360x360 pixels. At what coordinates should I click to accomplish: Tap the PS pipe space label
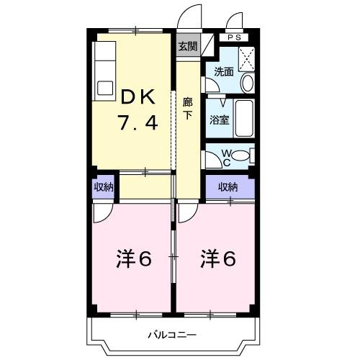coord(235,37)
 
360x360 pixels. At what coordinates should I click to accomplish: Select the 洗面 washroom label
coord(224,71)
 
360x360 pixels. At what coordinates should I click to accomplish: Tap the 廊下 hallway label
coord(187,107)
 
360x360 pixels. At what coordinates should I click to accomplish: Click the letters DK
coord(137,96)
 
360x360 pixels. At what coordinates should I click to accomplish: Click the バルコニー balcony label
coord(173,334)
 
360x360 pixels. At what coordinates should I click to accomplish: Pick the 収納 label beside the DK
coord(103,187)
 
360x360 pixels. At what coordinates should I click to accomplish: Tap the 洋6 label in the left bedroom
coord(134,258)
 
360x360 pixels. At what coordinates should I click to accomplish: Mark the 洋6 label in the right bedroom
coord(217,258)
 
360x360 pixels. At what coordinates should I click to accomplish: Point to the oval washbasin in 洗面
coord(247,81)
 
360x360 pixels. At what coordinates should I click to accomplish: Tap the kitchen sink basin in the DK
coord(104,88)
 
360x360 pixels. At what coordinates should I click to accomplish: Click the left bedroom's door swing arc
coord(103,210)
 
